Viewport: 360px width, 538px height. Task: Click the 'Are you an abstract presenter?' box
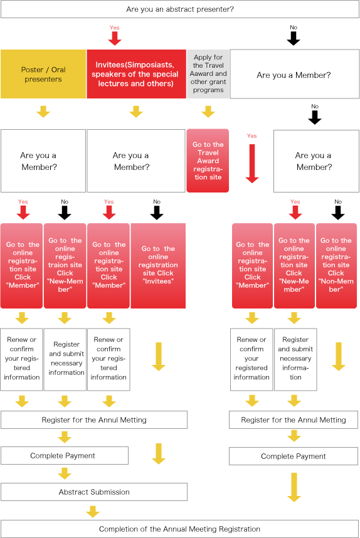coord(180,9)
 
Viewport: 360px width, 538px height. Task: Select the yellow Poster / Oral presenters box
coord(43,74)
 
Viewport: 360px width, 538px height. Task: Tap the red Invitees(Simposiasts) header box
coord(136,74)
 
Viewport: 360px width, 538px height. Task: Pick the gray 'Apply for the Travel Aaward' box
coord(208,74)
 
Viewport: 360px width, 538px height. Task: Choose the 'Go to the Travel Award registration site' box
coord(208,161)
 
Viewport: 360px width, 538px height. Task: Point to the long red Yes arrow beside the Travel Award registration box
coord(252,163)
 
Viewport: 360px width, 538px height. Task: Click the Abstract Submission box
coord(94,492)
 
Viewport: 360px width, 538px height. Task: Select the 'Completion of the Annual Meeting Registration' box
coord(180,529)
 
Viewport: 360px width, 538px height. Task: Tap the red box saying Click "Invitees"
coord(158,266)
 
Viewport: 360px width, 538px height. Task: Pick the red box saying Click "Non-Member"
coord(336,266)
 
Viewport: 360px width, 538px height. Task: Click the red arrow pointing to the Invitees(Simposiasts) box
coord(115,38)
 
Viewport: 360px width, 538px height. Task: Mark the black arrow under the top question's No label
coord(294,38)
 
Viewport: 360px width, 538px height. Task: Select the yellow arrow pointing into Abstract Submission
coord(65,473)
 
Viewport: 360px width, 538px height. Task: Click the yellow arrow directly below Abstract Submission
coord(93,512)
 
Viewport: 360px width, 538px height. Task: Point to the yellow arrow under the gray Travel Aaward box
coord(208,112)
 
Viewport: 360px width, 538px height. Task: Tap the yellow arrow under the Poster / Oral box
coord(43,112)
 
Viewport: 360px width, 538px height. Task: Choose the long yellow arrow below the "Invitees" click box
coord(159,357)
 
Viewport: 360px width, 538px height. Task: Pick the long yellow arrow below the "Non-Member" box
coord(339,357)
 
